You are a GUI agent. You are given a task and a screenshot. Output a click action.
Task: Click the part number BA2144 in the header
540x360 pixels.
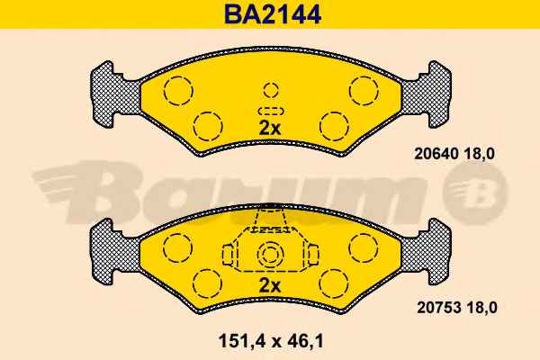pos(273,14)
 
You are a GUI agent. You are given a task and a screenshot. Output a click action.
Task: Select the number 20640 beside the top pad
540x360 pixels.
pos(436,153)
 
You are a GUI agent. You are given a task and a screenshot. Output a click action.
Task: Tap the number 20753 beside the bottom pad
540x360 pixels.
pos(439,307)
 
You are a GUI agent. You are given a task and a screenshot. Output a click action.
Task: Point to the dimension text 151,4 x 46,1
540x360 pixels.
pos(271,341)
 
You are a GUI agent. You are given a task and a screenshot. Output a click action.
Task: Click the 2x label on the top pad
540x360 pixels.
pos(270,129)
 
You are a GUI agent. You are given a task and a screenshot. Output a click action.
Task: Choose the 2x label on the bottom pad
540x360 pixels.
pos(270,285)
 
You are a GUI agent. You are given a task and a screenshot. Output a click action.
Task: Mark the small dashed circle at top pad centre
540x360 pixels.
pos(271,90)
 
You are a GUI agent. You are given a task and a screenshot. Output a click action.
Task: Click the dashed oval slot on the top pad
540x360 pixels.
pos(271,111)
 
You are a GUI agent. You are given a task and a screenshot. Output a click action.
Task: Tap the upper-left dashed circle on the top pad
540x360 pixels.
pos(178,91)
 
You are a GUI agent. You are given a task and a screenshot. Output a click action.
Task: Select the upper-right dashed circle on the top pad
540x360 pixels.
pos(364,90)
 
